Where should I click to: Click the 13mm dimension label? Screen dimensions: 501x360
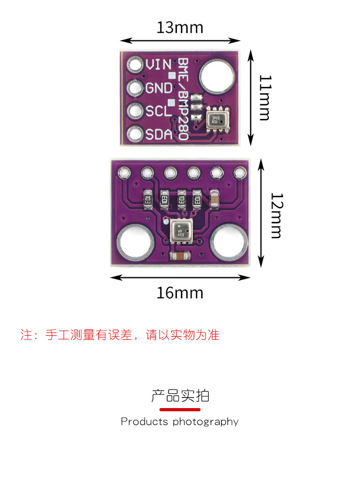[180, 28]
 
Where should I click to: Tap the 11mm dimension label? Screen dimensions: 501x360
[264, 97]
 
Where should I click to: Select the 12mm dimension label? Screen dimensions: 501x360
[276, 215]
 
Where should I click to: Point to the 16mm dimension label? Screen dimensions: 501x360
[180, 293]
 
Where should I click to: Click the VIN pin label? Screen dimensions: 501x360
[158, 65]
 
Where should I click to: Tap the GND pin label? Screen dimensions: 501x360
[159, 88]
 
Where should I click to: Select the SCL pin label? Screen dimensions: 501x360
[158, 111]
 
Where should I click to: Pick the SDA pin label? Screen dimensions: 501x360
[159, 134]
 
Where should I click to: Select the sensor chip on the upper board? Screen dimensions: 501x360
[216, 120]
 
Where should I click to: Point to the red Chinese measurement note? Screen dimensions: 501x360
[120, 335]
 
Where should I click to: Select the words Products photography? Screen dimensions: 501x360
[180, 422]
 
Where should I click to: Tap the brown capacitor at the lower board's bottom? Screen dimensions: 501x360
[180, 257]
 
